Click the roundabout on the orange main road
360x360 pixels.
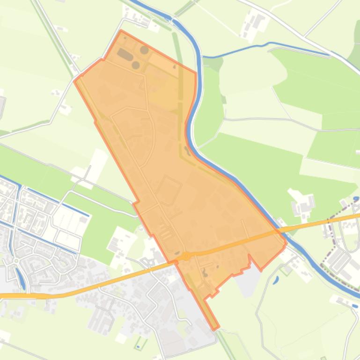pos(186,256)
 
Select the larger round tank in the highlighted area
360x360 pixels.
pos(144,50)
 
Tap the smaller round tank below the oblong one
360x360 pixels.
pos(136,65)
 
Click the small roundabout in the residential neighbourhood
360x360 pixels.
pos(16,260)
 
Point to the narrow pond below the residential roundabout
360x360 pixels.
pos(21,278)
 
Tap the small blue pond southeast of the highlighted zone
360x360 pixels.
pos(275,280)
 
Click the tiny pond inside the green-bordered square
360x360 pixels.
pos(138,346)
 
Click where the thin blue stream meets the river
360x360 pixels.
pos(202,58)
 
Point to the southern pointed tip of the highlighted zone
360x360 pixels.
pos(216,329)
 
